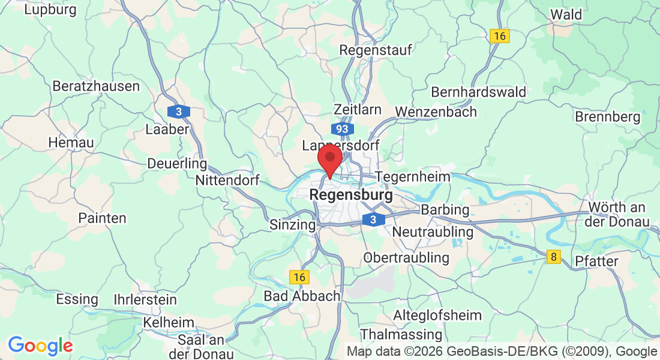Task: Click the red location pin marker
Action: tap(329, 160)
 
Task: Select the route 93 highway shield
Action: tap(342, 129)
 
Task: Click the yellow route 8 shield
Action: tap(554, 257)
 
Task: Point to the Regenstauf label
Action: tap(376, 50)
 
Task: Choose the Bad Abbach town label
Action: tap(302, 296)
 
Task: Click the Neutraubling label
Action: tap(432, 232)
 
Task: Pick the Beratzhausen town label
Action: tap(96, 86)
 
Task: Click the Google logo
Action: tap(40, 346)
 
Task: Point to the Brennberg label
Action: tap(608, 116)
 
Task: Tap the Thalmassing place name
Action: tap(401, 334)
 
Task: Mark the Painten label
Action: tap(102, 218)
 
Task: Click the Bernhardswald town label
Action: tap(478, 92)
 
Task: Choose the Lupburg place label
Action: tap(50, 10)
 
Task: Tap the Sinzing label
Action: tap(292, 225)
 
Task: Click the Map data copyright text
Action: tap(502, 352)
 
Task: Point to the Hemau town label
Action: tap(71, 143)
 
